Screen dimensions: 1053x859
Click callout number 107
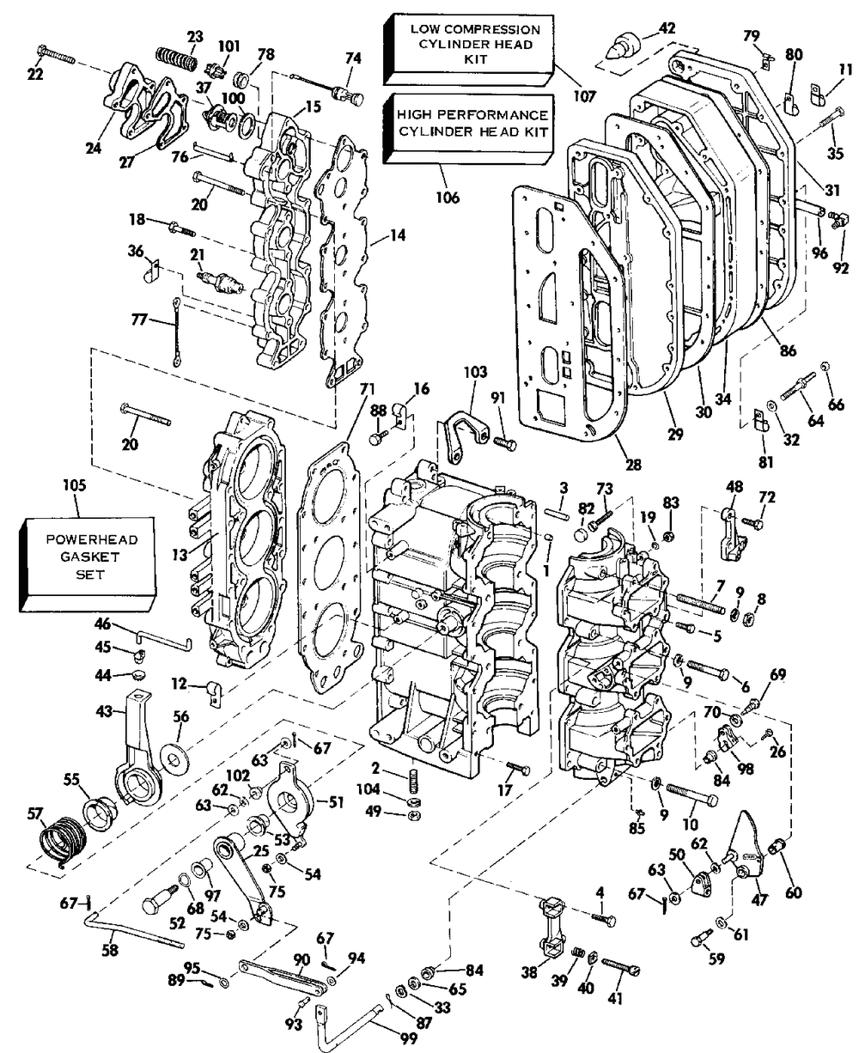pyautogui.click(x=585, y=97)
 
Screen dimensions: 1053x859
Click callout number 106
pyautogui.click(x=448, y=198)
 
